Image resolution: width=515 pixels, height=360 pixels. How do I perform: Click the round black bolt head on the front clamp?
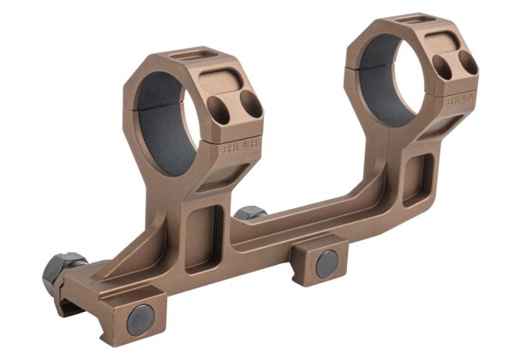[x=141, y=319]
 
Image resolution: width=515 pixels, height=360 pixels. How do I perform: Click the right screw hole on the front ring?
[x=250, y=105]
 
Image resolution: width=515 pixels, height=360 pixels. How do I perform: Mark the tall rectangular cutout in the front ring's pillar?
[x=203, y=236]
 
